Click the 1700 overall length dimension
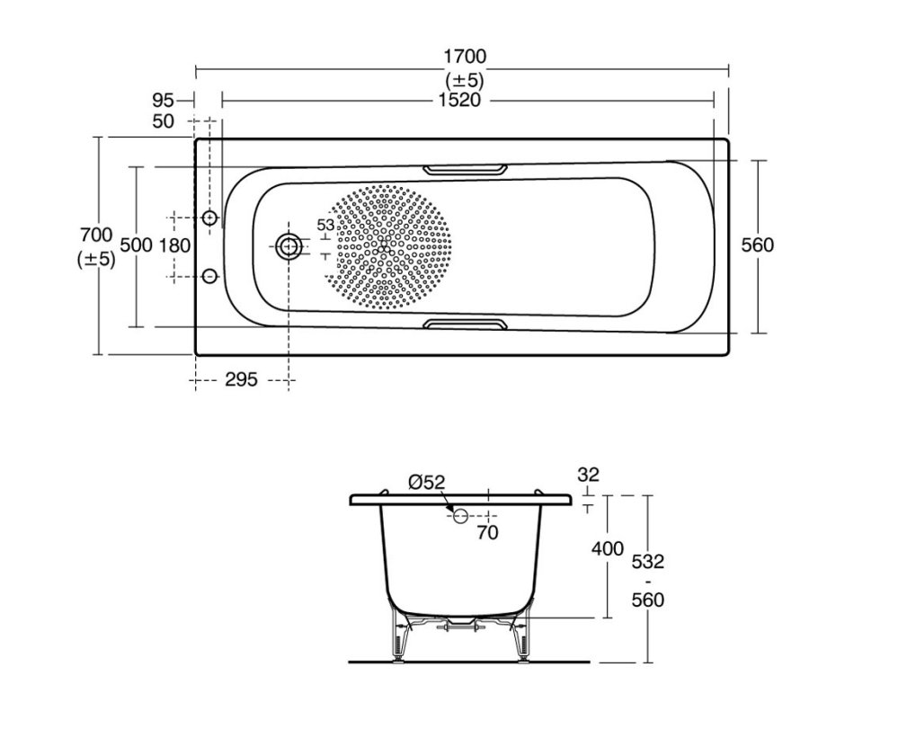[465, 57]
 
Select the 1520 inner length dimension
[459, 101]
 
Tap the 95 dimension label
[164, 101]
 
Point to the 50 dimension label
[164, 121]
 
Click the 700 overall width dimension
[96, 235]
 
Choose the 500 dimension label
[136, 244]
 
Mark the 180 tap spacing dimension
[175, 246]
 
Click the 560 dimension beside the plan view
[758, 244]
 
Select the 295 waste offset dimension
[241, 380]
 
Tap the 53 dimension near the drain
[325, 225]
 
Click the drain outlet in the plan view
[288, 247]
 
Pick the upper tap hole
[209, 218]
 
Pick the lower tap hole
[209, 275]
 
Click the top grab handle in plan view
[465, 169]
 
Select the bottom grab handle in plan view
[465, 324]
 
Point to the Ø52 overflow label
[427, 483]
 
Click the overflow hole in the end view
[461, 515]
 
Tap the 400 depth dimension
[608, 549]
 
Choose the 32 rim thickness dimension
[588, 475]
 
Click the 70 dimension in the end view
[487, 533]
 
